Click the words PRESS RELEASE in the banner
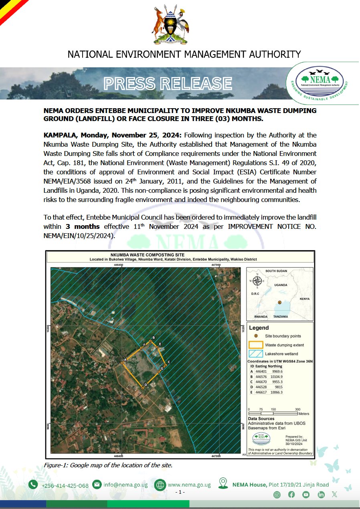(168, 83)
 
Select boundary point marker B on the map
(150, 341)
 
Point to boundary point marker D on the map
(143, 388)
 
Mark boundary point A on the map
(122, 363)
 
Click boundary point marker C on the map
(166, 365)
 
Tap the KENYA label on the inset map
(304, 299)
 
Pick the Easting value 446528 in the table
(261, 387)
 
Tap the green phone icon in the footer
(33, 485)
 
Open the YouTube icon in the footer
(306, 495)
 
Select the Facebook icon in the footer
(291, 495)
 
